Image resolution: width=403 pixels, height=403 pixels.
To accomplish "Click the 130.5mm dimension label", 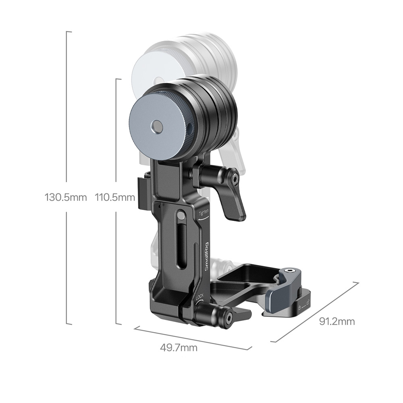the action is (x=66, y=197).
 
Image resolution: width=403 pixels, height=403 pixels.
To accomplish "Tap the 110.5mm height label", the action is (x=115, y=197).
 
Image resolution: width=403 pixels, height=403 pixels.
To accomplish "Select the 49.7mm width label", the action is (x=179, y=348).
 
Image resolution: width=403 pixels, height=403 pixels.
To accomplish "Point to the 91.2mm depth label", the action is (x=337, y=321).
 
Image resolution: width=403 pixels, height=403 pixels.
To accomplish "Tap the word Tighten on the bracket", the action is (x=204, y=212).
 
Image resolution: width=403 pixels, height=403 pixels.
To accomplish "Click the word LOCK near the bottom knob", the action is (x=200, y=297).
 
